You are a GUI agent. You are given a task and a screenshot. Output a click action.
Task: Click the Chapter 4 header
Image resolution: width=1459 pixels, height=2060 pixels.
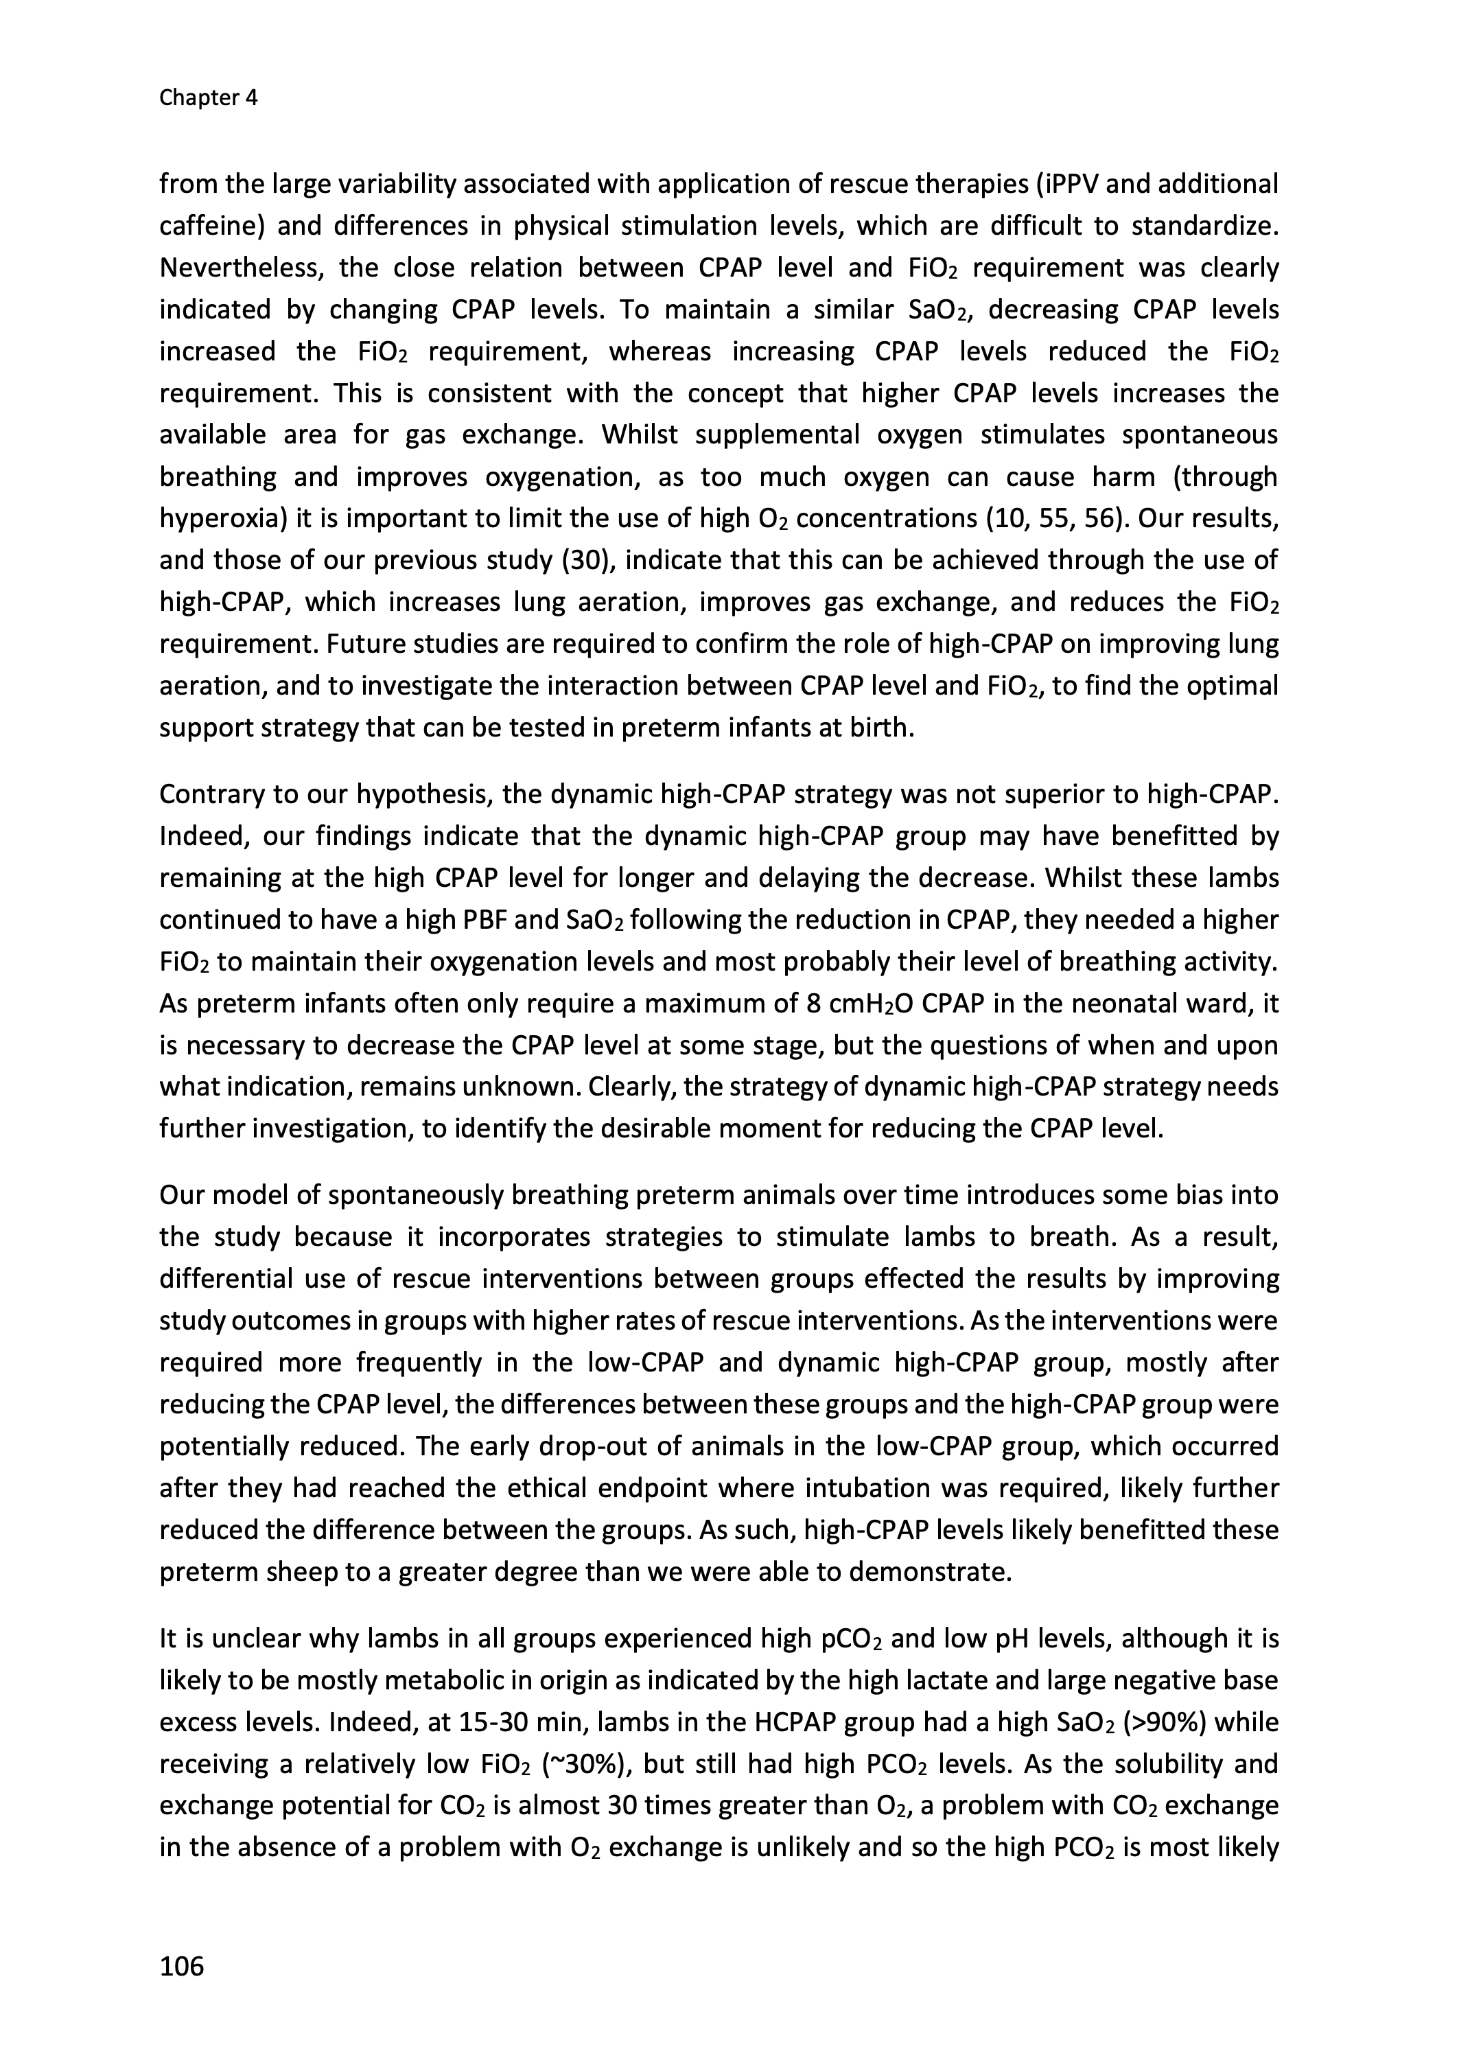209,98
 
